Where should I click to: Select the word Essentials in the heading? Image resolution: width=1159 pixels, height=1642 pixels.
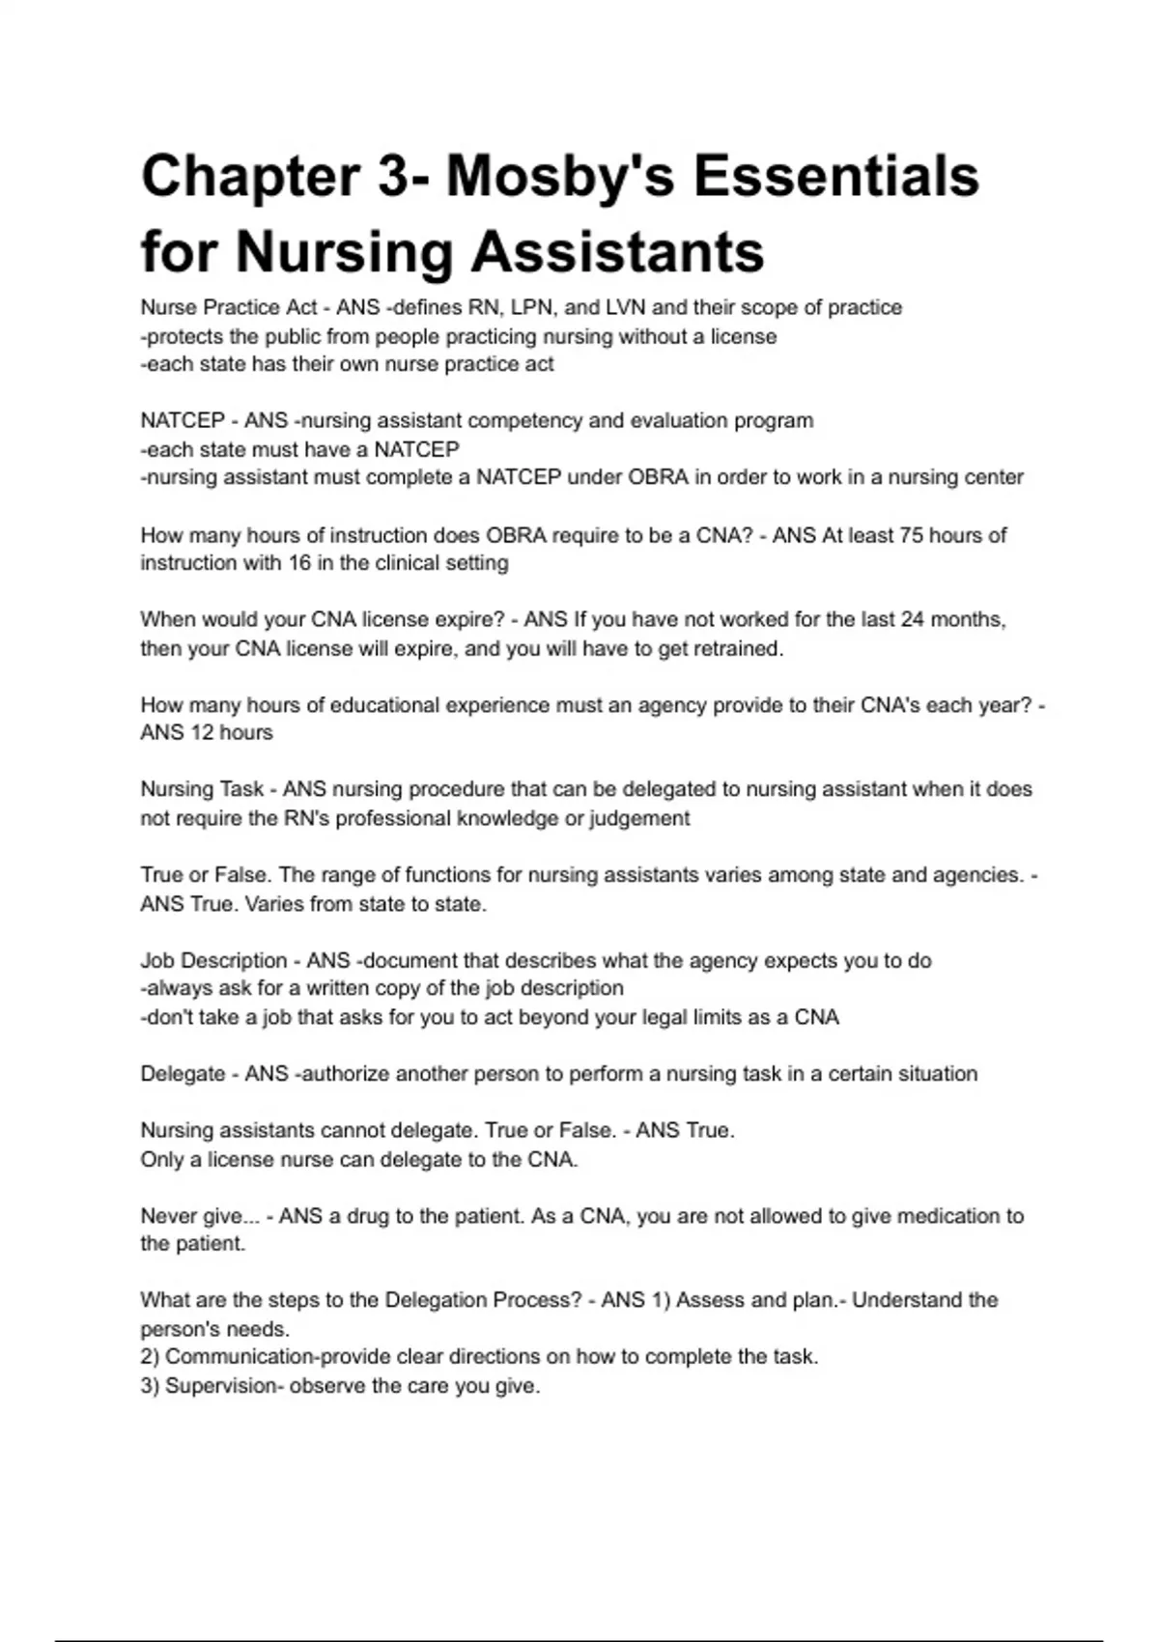coord(836,177)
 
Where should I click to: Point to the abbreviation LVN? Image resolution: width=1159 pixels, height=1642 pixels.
coord(627,307)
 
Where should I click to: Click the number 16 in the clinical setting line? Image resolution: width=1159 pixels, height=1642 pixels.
coord(299,563)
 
